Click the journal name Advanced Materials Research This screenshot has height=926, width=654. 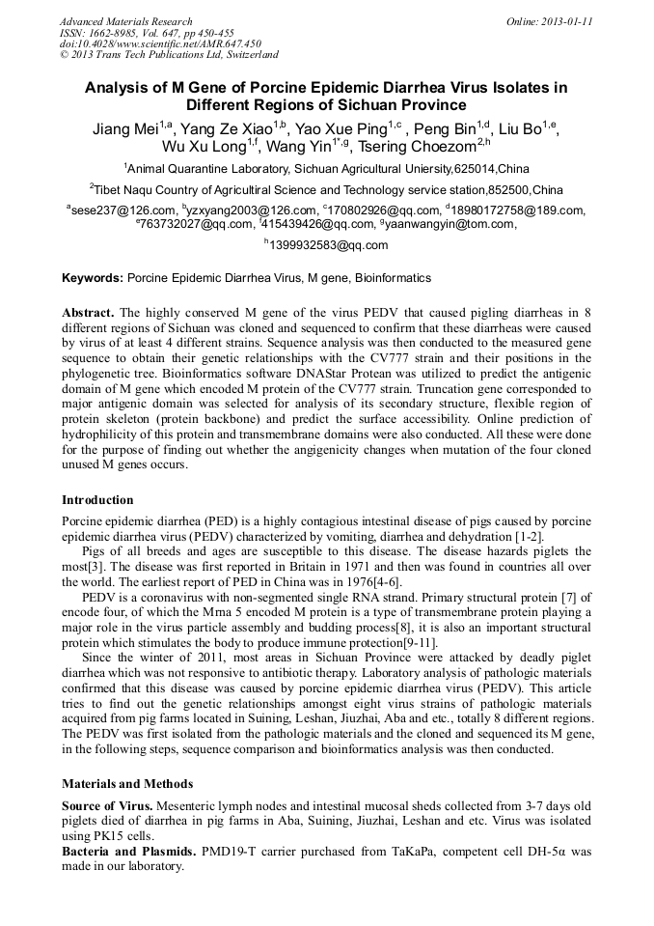pos(125,21)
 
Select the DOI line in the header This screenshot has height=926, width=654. pos(160,43)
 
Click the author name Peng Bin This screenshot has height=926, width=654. pos(448,128)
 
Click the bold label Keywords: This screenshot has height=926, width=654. pos(93,278)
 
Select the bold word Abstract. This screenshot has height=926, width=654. pos(89,314)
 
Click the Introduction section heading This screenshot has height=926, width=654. pos(97,500)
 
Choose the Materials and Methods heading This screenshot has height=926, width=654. pos(127,784)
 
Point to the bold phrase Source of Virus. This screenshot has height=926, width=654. pos(105,805)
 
